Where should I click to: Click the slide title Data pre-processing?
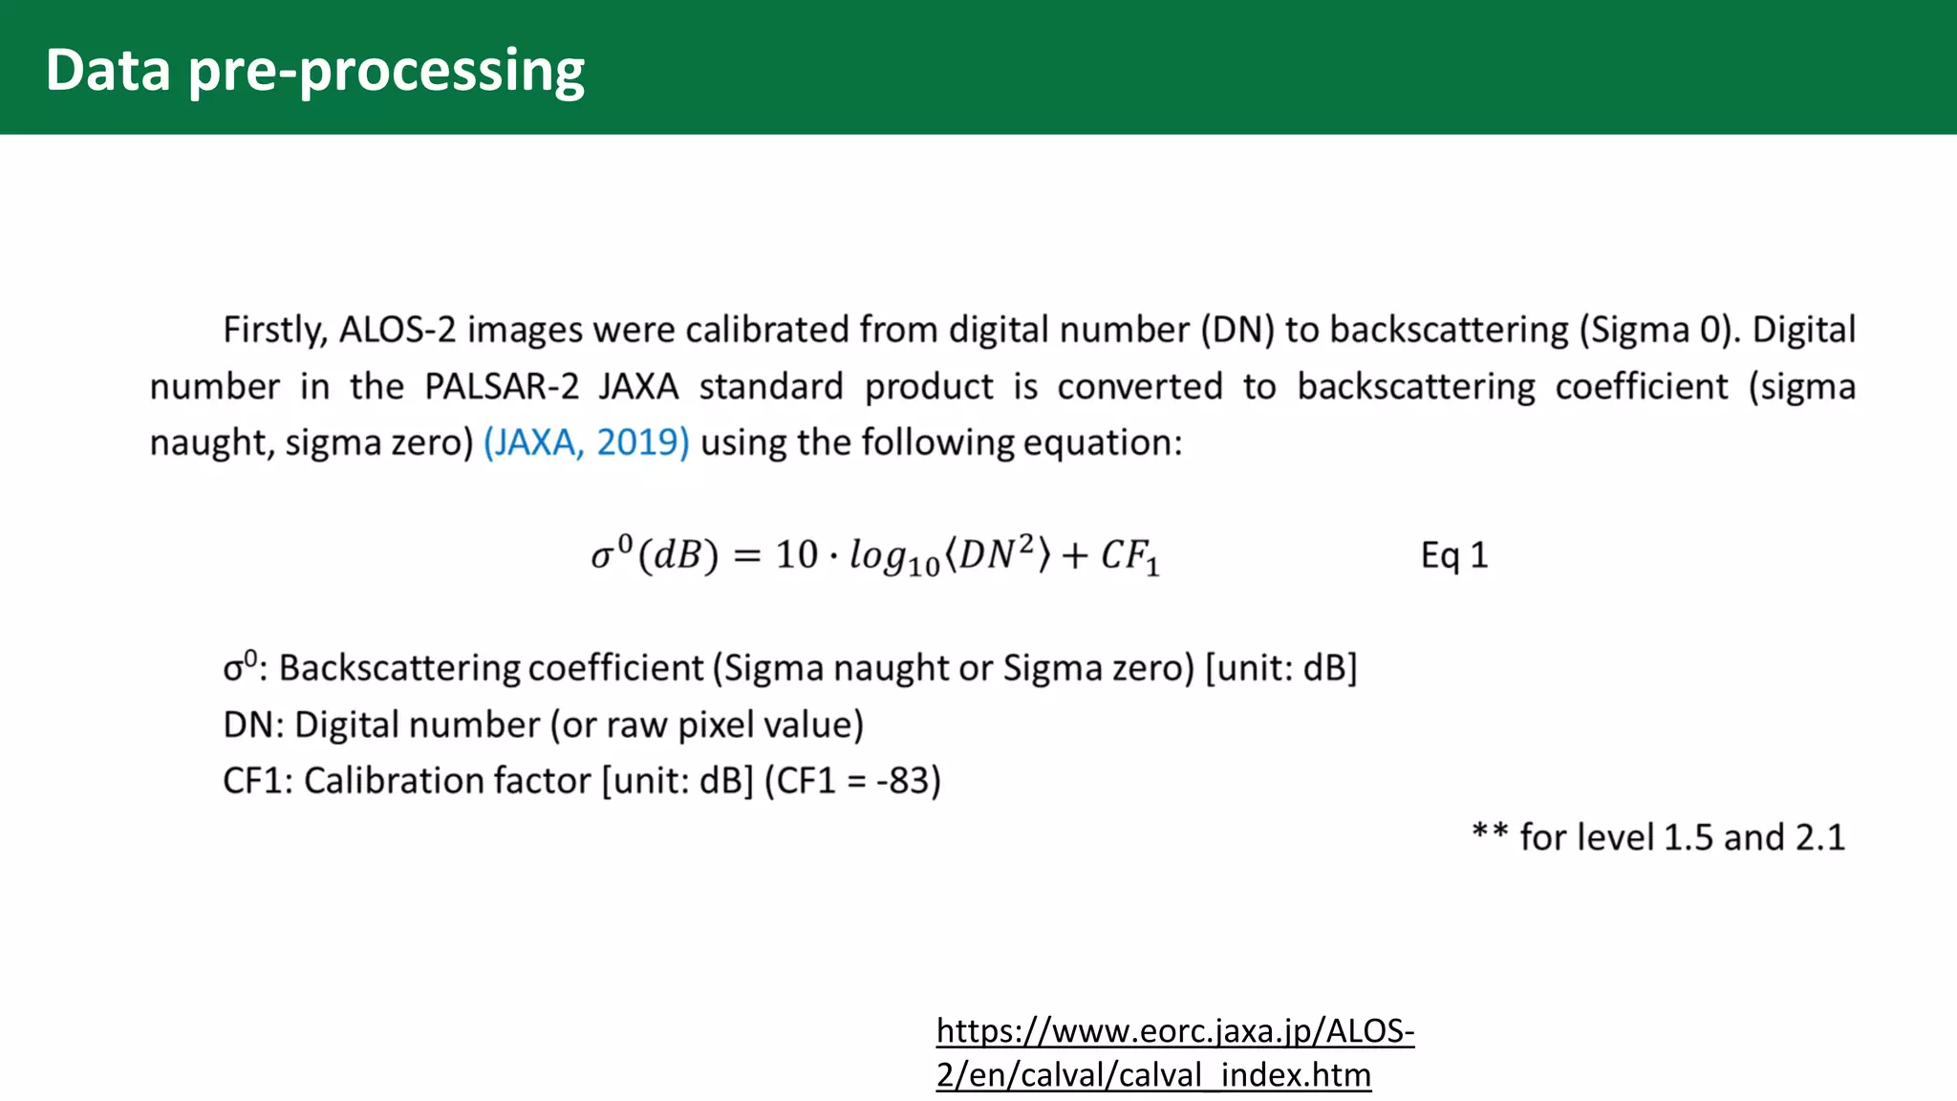click(314, 71)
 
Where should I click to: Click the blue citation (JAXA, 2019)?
click(586, 443)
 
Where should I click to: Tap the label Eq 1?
click(1453, 555)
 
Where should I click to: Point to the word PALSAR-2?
click(502, 387)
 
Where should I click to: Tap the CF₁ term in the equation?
click(1129, 556)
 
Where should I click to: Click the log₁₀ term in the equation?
click(894, 557)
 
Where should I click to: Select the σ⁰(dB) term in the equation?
click(654, 554)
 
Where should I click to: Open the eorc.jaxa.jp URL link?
click(1174, 1052)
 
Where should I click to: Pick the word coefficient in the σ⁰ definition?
click(615, 668)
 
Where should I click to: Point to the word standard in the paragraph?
click(771, 387)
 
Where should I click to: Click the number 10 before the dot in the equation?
click(796, 554)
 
